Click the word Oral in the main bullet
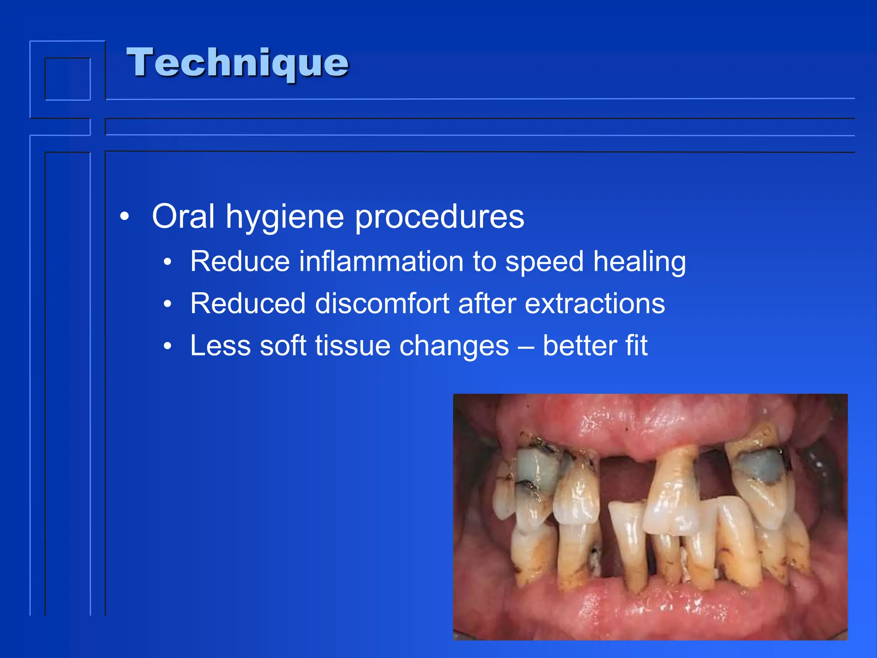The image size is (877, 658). pyautogui.click(x=183, y=217)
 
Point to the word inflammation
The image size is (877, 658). pyautogui.click(x=381, y=261)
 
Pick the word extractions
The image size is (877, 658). pyautogui.click(x=595, y=304)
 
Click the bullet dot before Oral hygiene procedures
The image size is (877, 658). pyautogui.click(x=124, y=217)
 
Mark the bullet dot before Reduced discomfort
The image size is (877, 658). pyautogui.click(x=167, y=304)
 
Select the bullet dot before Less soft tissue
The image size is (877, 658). pyautogui.click(x=167, y=346)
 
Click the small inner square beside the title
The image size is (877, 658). pyautogui.click(x=68, y=79)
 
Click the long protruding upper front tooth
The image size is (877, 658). pyautogui.click(x=672, y=488)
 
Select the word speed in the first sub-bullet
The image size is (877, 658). pyautogui.click(x=544, y=262)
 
